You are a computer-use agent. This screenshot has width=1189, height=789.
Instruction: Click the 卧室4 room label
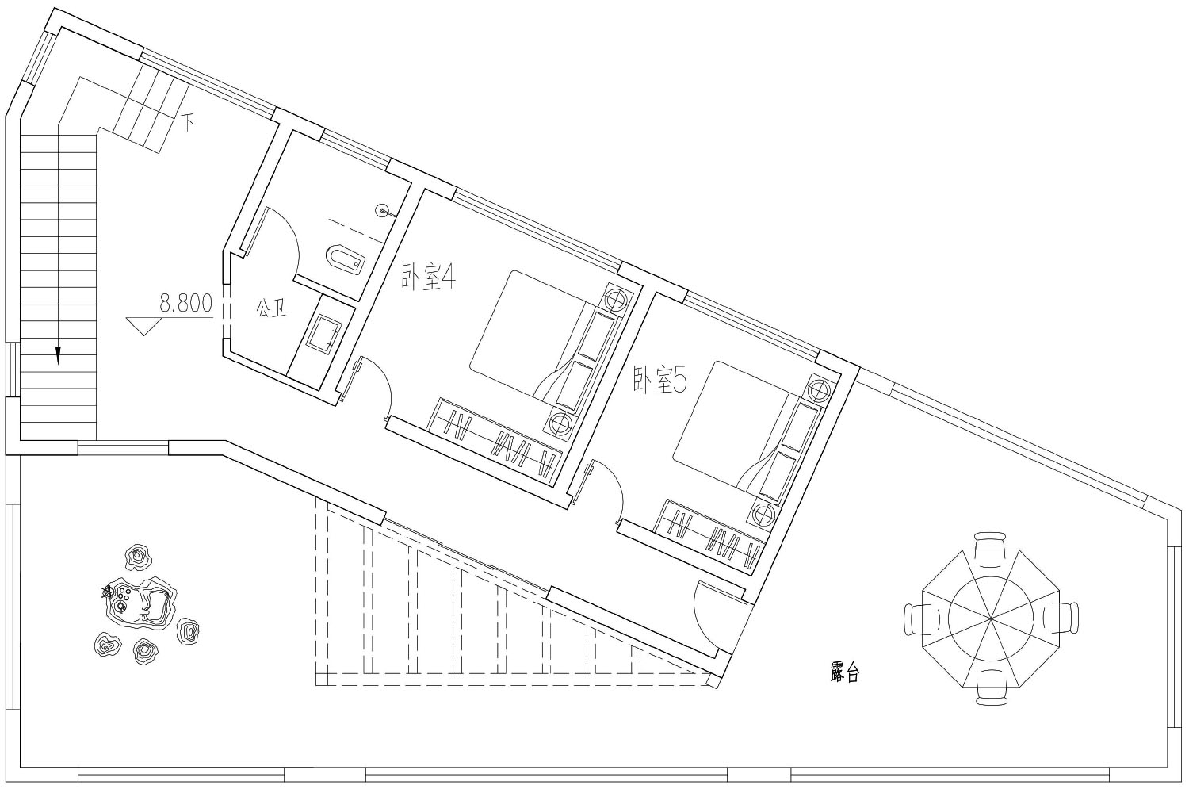[x=428, y=277]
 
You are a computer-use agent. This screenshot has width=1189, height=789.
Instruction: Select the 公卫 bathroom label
[x=271, y=308]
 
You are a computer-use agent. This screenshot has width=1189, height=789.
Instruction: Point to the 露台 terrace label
[x=844, y=672]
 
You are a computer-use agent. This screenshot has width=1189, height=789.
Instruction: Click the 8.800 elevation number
[x=185, y=304]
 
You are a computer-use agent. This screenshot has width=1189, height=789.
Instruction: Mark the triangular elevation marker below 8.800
[x=143, y=326]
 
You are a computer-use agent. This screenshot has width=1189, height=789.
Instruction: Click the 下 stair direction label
[x=188, y=123]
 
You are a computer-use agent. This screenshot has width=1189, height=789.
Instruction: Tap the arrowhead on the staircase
[x=58, y=354]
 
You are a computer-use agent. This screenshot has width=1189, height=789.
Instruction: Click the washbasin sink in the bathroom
[x=324, y=333]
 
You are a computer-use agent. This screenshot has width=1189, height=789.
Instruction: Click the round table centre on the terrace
[x=991, y=619]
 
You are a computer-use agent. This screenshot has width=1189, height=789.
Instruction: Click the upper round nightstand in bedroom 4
[x=616, y=300]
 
